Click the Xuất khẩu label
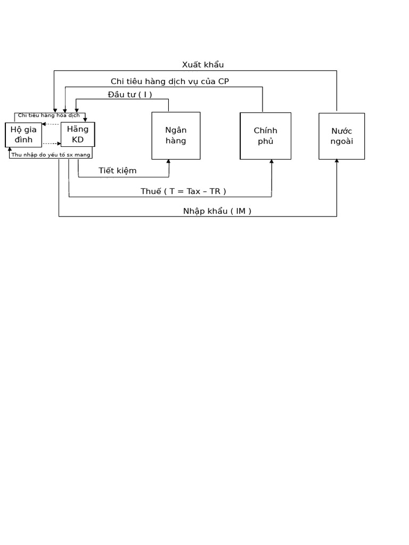(x=203, y=64)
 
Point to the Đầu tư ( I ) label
(x=130, y=95)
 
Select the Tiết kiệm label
(x=118, y=171)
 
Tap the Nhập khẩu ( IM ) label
(x=217, y=211)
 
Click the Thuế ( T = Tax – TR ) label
(x=183, y=191)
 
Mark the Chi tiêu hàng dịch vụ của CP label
(x=170, y=81)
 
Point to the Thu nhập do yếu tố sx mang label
(x=51, y=155)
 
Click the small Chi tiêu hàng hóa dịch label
(x=48, y=115)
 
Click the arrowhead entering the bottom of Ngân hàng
(x=169, y=161)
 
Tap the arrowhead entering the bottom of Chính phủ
(x=272, y=161)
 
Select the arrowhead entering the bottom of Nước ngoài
(x=337, y=161)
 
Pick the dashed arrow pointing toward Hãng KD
(x=52, y=144)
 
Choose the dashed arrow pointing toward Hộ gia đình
(x=51, y=124)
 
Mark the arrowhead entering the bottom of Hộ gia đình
(x=10, y=150)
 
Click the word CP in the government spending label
(x=224, y=81)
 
